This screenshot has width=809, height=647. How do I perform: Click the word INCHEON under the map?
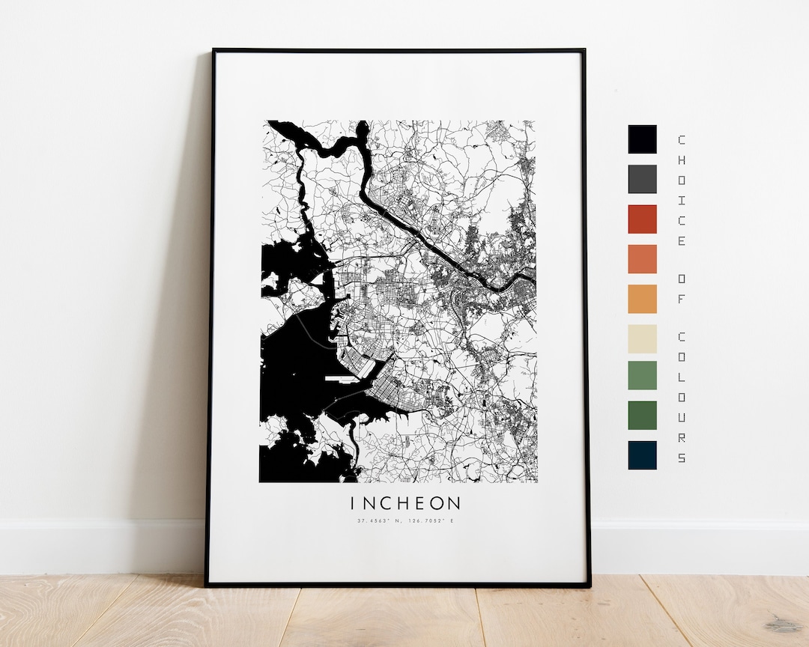404,502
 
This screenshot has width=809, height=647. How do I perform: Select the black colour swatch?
642,139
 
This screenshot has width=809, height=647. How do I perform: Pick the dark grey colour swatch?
642,179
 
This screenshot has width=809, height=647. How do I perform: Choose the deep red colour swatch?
642,219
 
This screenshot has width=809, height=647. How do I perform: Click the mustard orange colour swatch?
642,299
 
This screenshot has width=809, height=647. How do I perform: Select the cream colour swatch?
642,338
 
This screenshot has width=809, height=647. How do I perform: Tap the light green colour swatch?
642,376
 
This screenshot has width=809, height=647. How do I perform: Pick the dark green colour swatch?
642,416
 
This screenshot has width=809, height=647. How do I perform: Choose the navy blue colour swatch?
642,455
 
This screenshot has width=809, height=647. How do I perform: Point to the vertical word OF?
681,288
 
